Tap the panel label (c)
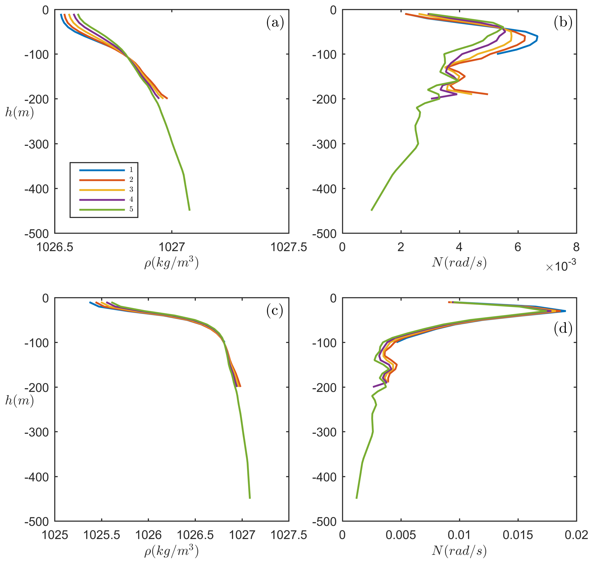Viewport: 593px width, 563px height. tap(274, 311)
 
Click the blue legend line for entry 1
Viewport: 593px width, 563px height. tap(102, 170)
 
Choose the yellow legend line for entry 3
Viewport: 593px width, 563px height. tap(102, 190)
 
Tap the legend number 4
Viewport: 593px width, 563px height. tap(131, 199)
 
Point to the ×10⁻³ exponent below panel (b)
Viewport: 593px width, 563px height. tap(560, 266)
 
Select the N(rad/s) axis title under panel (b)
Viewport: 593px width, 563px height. tap(459, 263)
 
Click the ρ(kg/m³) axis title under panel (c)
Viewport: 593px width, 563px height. tap(171, 551)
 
